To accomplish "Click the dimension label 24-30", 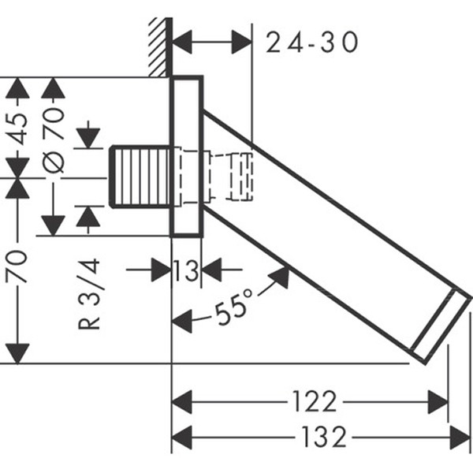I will pyautogui.click(x=311, y=42).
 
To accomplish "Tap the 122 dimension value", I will pyautogui.click(x=314, y=401).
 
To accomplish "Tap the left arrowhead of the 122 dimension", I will pyautogui.click(x=182, y=401).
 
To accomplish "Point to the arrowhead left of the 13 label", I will pyautogui.click(x=161, y=271).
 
